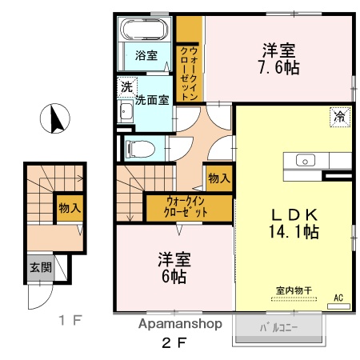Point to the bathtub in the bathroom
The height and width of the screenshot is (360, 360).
(x=144, y=31)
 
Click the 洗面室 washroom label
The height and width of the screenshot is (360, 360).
(x=151, y=101)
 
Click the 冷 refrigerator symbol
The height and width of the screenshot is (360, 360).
(x=339, y=117)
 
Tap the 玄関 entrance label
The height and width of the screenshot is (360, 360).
(x=41, y=267)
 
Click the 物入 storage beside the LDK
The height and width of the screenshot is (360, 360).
(x=217, y=177)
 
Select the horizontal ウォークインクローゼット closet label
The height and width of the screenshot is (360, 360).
(x=187, y=206)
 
